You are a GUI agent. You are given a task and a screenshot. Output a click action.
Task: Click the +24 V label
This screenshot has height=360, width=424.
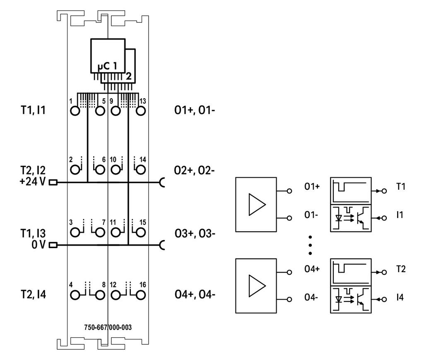click(32, 181)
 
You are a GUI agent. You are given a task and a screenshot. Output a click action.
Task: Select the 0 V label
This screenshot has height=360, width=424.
click(39, 244)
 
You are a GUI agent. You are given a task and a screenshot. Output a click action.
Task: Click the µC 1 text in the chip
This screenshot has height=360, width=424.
click(107, 66)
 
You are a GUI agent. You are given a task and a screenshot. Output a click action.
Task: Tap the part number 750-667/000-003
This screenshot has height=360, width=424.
click(108, 327)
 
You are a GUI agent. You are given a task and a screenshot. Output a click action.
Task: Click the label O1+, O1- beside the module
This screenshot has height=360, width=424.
click(195, 110)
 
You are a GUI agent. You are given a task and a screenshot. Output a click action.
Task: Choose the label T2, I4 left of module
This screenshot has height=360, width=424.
click(33, 294)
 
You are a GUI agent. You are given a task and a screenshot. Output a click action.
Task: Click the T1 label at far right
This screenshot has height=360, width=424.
click(401, 186)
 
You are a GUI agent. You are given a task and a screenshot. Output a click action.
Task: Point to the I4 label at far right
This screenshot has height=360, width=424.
click(400, 297)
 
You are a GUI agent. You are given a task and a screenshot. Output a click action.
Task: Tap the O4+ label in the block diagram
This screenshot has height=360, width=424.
click(312, 269)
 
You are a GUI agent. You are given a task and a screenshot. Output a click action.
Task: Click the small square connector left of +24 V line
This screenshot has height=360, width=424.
click(53, 183)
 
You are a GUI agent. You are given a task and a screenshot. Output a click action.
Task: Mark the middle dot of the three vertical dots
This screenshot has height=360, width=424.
click(310, 245)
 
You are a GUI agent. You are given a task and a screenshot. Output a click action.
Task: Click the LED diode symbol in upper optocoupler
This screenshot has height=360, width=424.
click(339, 218)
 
